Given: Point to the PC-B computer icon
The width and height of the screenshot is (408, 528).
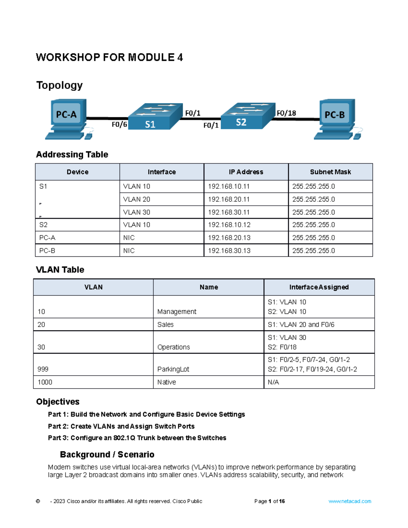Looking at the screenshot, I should tap(336, 119).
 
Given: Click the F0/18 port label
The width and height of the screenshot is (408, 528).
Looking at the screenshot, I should tap(286, 113).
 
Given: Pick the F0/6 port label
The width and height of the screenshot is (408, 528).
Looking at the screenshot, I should tap(119, 125).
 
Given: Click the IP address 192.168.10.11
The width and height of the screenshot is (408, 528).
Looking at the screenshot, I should tap(229, 186).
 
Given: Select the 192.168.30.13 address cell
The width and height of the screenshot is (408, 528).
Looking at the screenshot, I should tap(229, 251).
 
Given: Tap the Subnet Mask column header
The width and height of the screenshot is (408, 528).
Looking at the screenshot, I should tap(330, 172).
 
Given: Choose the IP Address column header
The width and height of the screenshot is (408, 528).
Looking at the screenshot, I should tap(246, 172).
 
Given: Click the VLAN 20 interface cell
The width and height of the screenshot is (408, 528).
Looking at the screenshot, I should tap(137, 199).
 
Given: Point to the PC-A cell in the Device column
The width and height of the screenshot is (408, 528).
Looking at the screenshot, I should tap(47, 238).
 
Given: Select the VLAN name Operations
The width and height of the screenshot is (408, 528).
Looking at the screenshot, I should tap(173, 347).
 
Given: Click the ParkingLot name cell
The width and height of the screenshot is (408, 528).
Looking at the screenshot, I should tap(173, 369).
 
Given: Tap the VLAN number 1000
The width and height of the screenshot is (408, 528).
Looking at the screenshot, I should tap(45, 382).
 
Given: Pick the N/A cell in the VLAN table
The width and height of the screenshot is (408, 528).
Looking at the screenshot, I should tap(273, 382).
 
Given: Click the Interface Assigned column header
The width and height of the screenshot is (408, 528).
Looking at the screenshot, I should tap(319, 287).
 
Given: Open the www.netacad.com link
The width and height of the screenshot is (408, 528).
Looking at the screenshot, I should tap(350, 501).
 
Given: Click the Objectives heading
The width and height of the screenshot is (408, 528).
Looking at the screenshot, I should tap(58, 402).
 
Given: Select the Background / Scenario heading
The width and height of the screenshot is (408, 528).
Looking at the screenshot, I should tap(107, 455).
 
